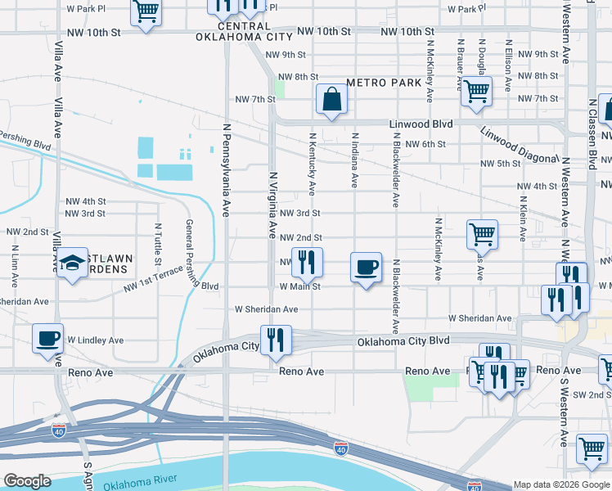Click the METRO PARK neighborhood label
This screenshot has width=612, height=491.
[384, 83]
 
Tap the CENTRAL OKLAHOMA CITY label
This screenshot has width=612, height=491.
[244, 31]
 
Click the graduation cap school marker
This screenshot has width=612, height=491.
[73, 264]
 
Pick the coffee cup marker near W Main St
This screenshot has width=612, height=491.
[365, 267]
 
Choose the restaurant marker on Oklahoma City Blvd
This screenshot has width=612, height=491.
[275, 340]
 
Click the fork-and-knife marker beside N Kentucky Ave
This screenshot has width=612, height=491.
[307, 263]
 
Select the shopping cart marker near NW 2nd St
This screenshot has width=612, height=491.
[482, 234]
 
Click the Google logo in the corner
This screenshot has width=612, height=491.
[27, 481]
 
